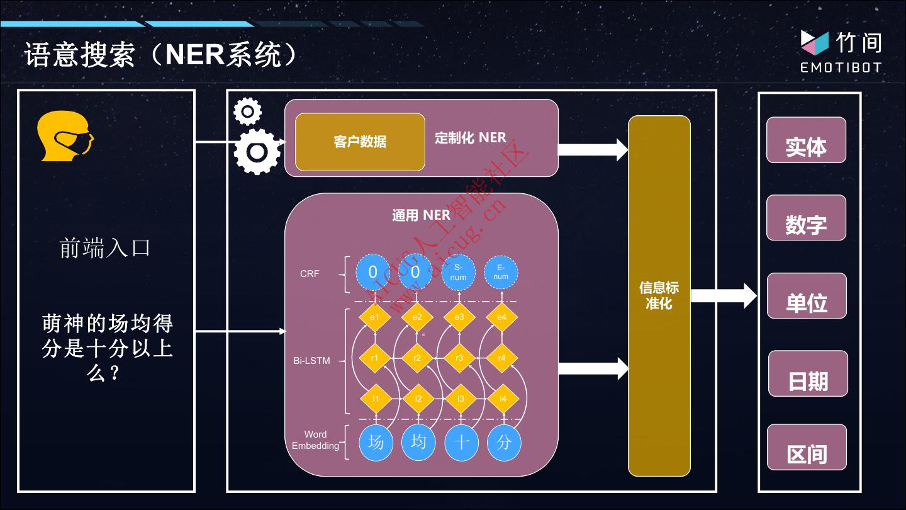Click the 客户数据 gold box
(x=360, y=142)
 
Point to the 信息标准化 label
(x=659, y=295)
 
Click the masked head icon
(x=65, y=136)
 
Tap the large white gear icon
(x=257, y=152)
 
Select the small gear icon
(x=247, y=111)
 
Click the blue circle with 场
(x=376, y=442)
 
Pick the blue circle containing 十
(x=461, y=442)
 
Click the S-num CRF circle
(x=459, y=273)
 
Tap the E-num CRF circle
(x=501, y=273)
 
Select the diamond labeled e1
(x=374, y=317)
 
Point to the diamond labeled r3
(x=459, y=358)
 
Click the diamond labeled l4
(x=503, y=399)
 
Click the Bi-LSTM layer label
(x=311, y=361)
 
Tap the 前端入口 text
(x=105, y=248)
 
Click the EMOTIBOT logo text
(x=841, y=67)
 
